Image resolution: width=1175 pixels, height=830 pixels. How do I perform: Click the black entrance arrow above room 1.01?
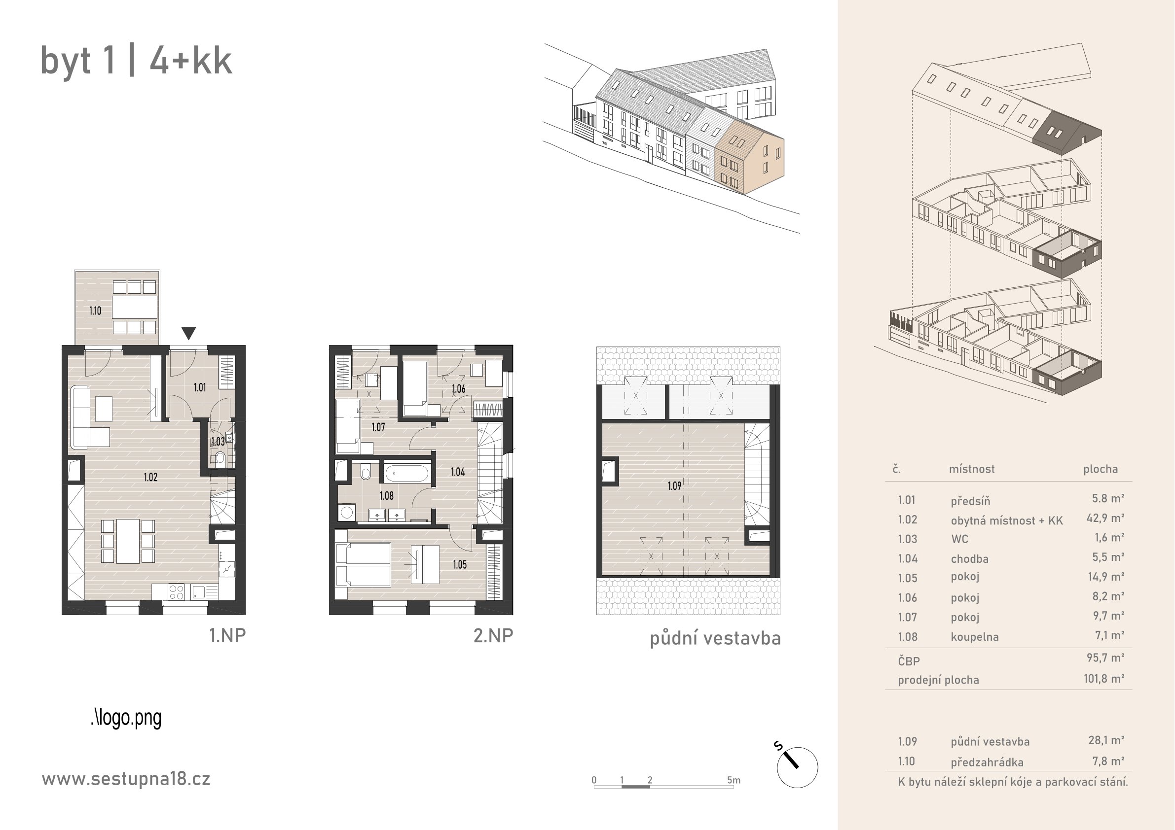(189, 334)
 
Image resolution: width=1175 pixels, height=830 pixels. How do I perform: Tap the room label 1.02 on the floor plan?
(150, 477)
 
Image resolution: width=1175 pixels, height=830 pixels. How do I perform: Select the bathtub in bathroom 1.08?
(407, 473)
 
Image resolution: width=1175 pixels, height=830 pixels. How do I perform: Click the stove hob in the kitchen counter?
(177, 592)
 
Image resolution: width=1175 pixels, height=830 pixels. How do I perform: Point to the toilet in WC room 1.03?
(220, 457)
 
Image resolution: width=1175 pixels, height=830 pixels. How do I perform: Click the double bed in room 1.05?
(363, 564)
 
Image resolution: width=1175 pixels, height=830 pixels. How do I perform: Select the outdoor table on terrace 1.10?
(135, 308)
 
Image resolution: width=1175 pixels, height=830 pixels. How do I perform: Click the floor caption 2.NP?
(493, 636)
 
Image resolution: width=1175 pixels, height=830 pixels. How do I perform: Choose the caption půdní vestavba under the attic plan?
(715, 639)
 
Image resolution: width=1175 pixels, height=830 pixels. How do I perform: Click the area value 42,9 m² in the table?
(1105, 518)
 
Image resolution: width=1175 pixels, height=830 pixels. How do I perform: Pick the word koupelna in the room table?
(974, 637)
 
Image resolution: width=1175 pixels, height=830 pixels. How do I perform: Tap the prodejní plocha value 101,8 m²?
(1104, 679)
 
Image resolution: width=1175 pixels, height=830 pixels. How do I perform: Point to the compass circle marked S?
(797, 767)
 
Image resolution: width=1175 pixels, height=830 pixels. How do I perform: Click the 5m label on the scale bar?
(734, 780)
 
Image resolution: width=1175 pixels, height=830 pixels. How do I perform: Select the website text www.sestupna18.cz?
(126, 779)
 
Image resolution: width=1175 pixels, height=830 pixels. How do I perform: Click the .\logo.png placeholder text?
(126, 718)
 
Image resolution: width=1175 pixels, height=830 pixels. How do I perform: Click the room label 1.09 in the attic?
(674, 486)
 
